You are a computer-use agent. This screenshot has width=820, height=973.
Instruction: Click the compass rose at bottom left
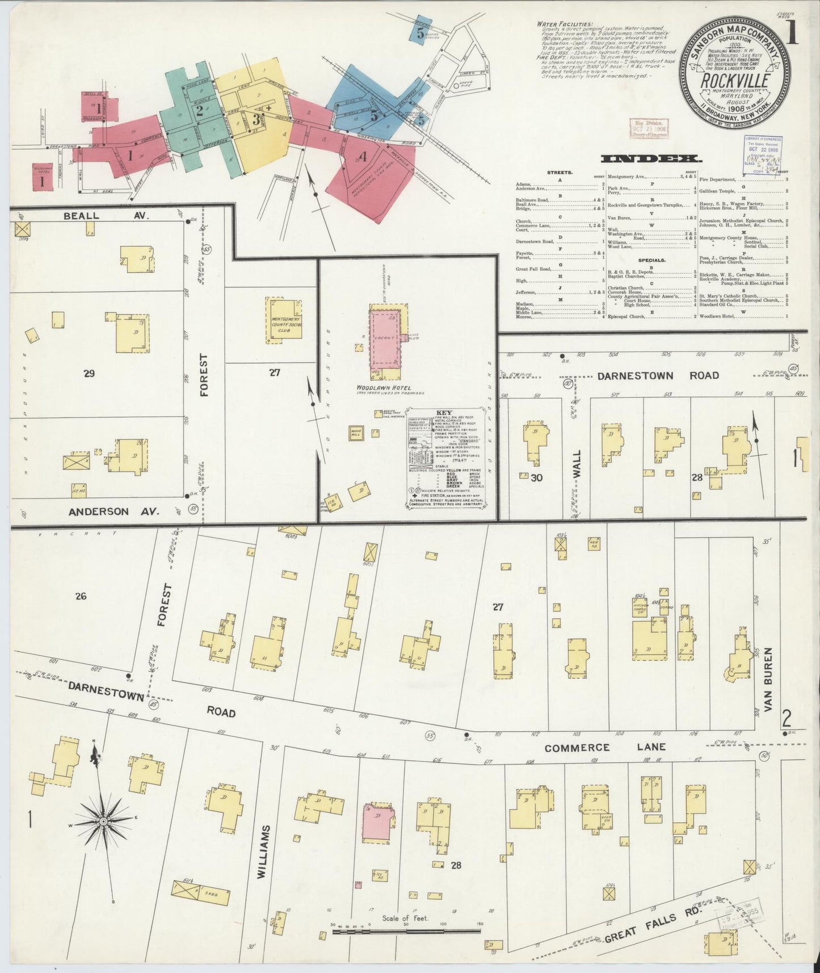coord(103,821)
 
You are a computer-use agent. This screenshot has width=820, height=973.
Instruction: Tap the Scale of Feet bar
coord(406,931)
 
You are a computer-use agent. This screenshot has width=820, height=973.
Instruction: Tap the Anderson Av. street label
coord(114,511)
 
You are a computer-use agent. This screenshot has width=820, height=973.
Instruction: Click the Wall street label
coord(577,464)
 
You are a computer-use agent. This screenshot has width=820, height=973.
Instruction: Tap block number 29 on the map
coord(89,373)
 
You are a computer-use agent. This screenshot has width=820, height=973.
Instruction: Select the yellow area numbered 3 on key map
coord(256,120)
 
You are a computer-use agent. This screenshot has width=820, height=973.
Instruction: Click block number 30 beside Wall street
coord(536,477)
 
